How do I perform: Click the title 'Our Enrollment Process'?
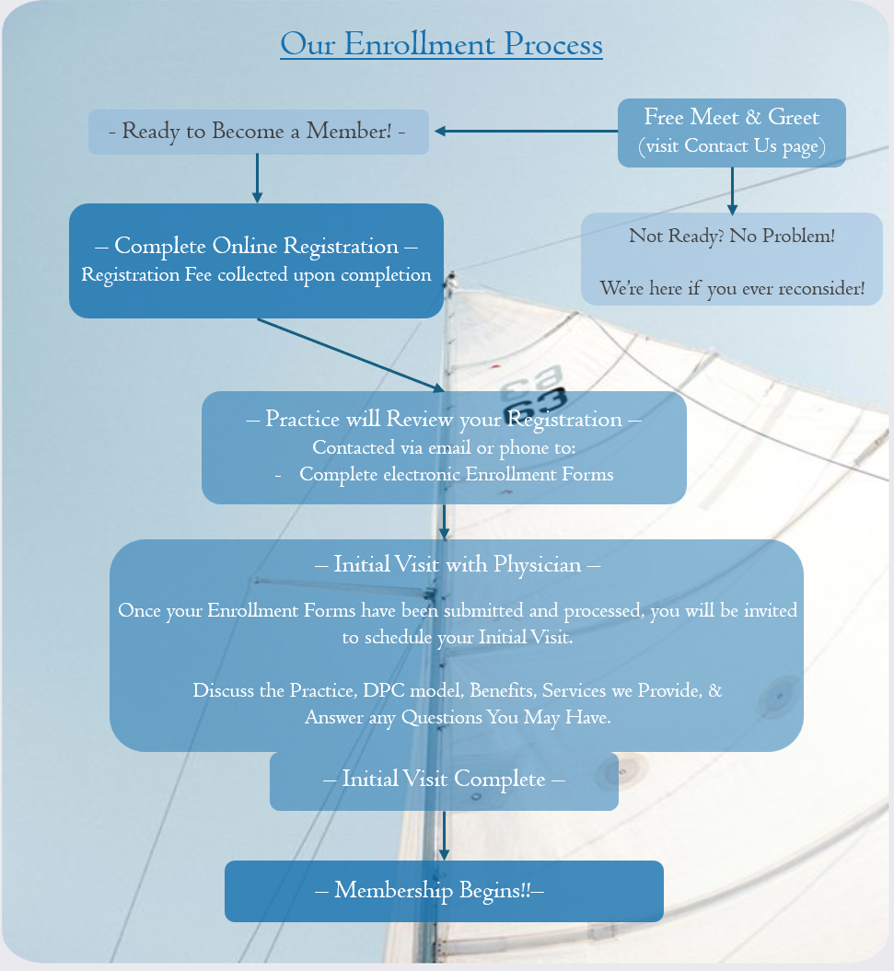(x=441, y=44)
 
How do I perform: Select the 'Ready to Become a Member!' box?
(x=258, y=132)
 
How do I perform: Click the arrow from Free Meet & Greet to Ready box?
(x=525, y=132)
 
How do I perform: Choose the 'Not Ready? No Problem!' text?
(x=732, y=236)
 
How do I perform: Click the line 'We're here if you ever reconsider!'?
(x=732, y=288)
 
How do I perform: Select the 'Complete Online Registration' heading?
(x=257, y=247)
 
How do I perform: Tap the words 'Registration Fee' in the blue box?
(x=146, y=274)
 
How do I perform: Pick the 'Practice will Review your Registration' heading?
(x=444, y=420)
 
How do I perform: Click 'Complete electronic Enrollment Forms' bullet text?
(x=456, y=475)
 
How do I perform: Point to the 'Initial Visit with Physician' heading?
(x=458, y=564)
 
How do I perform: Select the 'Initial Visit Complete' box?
(x=444, y=780)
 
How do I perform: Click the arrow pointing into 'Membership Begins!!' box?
(x=444, y=836)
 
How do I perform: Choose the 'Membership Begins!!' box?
(x=444, y=891)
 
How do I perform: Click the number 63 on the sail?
(x=534, y=402)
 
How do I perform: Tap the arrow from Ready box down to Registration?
(x=257, y=178)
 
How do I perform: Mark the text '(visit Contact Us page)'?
(x=731, y=145)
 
